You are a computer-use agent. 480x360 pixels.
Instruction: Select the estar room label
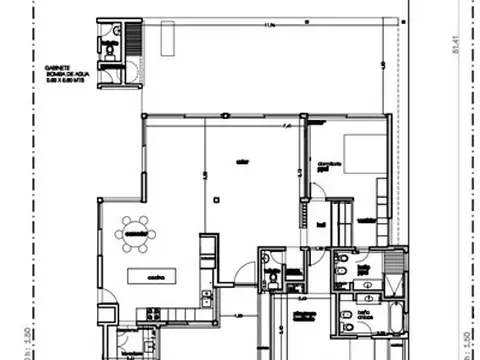pos(241,162)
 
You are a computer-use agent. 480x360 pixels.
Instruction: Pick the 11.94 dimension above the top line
pos(271,25)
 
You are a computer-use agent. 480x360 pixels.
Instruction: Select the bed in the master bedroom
pos(364,155)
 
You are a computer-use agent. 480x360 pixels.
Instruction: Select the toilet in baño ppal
pos(343,262)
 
